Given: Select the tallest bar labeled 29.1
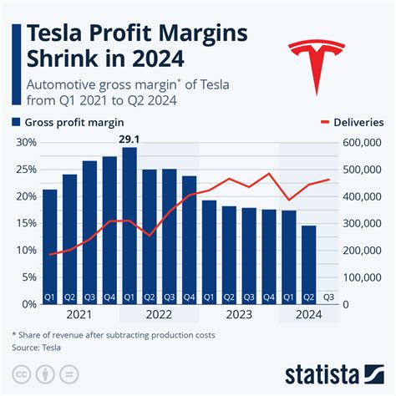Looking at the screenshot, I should pos(129,226).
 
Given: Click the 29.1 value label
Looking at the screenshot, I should pos(129,139).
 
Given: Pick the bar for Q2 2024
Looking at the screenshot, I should pos(308,263).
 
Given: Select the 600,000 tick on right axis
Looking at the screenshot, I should pos(364,142).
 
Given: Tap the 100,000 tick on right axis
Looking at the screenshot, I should pos(364,277).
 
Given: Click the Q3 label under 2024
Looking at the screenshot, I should pos(328,297).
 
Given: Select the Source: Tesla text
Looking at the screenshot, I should pos(40,346).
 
